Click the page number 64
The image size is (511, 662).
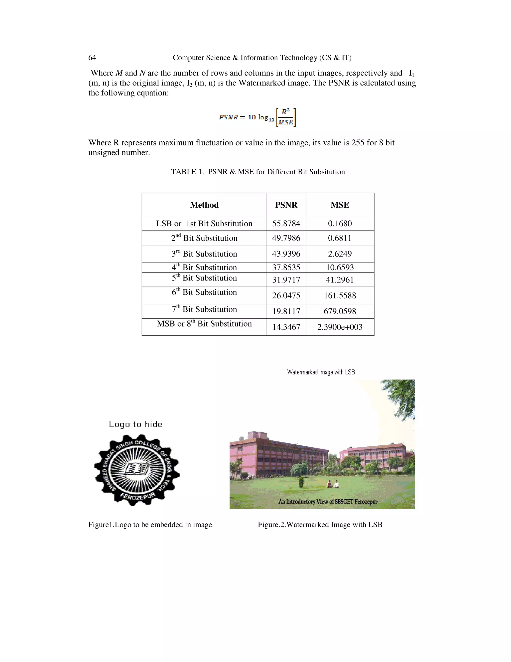[92, 58]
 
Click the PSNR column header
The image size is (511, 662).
[286, 205]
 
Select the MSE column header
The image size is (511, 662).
[340, 205]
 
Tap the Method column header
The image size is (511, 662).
[204, 205]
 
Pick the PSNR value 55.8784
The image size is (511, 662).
[286, 224]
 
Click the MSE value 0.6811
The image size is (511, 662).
[340, 238]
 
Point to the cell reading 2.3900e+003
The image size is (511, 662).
[340, 327]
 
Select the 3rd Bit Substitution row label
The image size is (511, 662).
[204, 254]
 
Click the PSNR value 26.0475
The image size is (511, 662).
[286, 296]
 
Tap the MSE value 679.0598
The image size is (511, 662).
[340, 311]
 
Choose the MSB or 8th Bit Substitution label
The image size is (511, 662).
[204, 324]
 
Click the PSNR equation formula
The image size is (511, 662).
[257, 118]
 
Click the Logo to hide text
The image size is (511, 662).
[136, 424]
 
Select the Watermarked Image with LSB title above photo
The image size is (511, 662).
[321, 372]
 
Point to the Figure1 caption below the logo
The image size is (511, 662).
[150, 525]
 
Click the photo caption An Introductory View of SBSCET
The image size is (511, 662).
[328, 502]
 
